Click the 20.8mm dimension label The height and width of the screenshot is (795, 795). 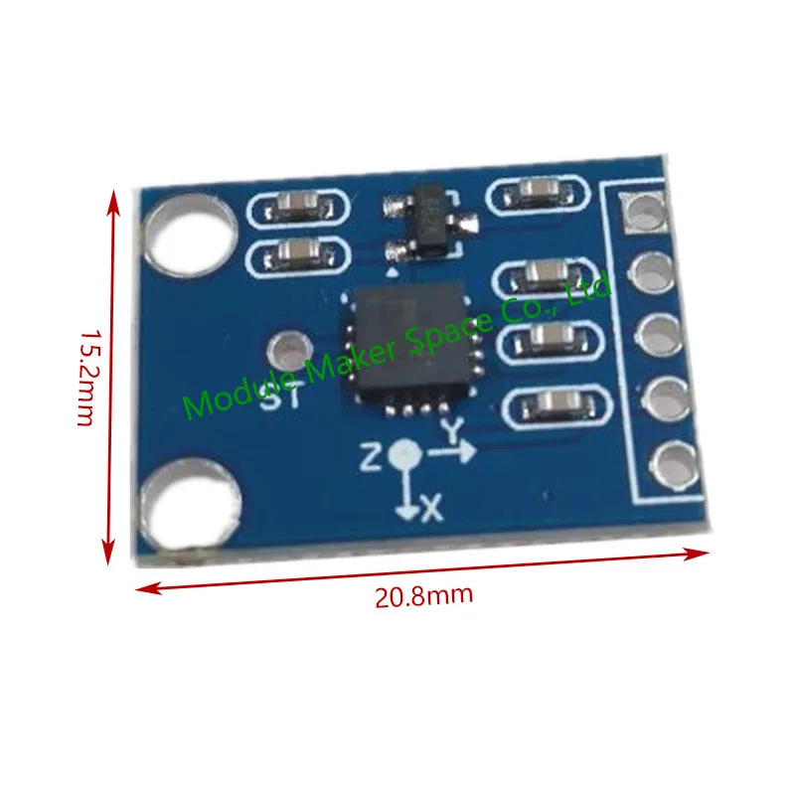pos(424,595)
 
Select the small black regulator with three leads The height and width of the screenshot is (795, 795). pos(431,221)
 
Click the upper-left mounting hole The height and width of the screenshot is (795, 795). pos(190,236)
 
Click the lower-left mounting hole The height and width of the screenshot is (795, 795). pos(190,505)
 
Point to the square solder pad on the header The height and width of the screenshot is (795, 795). pos(645,213)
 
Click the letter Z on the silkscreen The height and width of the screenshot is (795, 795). pos(371,456)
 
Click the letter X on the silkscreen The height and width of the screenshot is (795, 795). pos(432,508)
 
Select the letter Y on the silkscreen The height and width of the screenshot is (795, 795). pos(452,431)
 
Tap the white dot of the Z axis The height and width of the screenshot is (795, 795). pos(404,453)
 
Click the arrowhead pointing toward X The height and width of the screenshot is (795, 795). pos(406,513)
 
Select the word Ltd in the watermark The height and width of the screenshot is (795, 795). pos(588,290)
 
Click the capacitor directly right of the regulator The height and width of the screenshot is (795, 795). pos(538,193)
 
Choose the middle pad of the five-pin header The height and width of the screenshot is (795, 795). pos(659,336)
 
